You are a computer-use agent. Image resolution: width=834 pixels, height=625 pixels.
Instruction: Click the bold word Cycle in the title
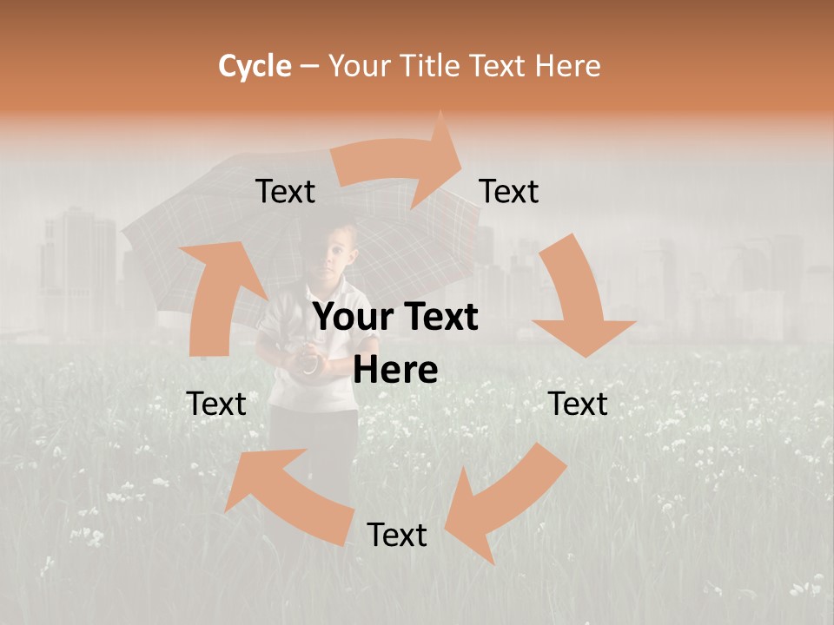click(255, 66)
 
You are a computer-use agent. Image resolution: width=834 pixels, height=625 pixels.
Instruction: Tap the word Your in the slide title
click(359, 66)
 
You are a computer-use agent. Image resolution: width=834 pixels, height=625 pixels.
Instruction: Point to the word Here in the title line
click(568, 66)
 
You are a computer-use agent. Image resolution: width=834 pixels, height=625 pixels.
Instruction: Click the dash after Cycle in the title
click(309, 66)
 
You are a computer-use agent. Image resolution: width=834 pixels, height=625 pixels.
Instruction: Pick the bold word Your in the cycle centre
click(351, 317)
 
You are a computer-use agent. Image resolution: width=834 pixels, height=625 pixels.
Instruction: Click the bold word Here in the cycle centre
click(395, 371)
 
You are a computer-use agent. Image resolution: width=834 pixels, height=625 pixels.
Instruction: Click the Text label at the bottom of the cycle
click(397, 535)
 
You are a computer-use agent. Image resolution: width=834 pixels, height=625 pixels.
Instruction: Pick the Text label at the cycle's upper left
click(285, 191)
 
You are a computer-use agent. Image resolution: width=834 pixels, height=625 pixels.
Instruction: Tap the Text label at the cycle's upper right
click(509, 191)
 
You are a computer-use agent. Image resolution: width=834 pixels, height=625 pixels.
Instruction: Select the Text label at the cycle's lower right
click(578, 404)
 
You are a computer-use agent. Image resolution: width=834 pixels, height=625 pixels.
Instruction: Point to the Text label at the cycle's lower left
click(216, 404)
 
